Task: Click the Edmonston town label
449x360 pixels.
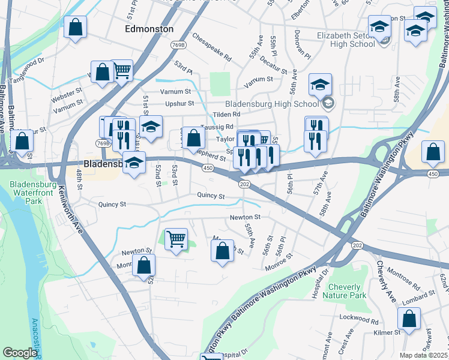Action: point(149,29)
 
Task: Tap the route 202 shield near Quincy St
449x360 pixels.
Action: point(244,184)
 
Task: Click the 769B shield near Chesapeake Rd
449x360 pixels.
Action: point(178,46)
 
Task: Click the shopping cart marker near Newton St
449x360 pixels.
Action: point(176,239)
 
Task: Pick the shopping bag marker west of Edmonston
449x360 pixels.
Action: point(75,26)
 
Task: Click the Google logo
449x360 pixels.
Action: point(20,353)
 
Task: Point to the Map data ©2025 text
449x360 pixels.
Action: point(423,355)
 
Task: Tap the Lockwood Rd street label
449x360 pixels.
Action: point(355,317)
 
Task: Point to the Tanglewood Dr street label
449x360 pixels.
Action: point(28,63)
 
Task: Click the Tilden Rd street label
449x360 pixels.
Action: point(227,114)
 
